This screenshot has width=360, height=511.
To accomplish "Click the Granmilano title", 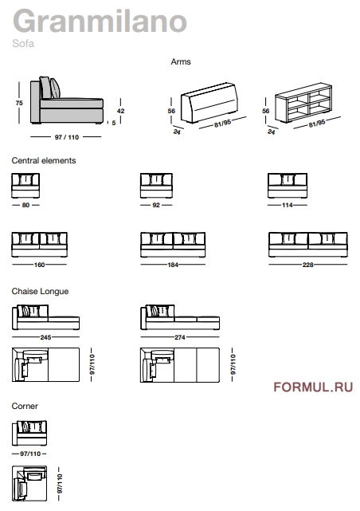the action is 100,21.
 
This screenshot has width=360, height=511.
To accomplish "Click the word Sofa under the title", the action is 23,43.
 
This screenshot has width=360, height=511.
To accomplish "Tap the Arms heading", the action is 181,61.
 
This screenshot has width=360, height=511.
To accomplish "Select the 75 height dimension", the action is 19,103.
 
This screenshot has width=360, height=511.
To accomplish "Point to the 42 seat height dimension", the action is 120,111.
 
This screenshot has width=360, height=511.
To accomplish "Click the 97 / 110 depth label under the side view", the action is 67,137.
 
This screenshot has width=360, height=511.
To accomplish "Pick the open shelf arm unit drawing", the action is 303,104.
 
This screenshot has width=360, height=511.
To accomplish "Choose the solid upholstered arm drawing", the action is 209,103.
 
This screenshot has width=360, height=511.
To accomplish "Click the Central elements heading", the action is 44,160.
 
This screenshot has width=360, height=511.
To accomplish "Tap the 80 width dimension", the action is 25,205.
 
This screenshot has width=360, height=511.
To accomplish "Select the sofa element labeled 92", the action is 156,186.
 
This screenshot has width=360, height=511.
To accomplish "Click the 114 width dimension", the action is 287,205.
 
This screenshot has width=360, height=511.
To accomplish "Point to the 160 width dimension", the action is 39,265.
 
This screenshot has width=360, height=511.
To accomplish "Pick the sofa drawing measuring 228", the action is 308,245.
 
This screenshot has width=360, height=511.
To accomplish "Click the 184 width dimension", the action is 173,265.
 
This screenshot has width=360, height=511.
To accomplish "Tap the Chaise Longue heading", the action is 40,291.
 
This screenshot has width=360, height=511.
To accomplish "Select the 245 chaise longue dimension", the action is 45,337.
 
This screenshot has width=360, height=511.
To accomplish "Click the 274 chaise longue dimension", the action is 180,337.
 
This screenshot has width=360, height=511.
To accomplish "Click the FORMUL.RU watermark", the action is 313,387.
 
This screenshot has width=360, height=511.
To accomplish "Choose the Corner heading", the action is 25,406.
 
